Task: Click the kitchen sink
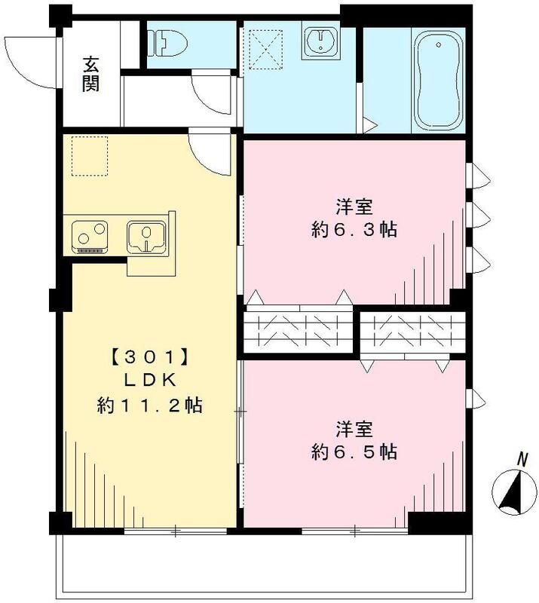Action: (x=145, y=235)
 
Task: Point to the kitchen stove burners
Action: (x=90, y=237)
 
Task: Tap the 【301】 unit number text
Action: (x=148, y=353)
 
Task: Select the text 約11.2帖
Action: (x=149, y=406)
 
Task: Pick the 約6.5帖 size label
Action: (x=354, y=451)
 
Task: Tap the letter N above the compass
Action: (x=522, y=458)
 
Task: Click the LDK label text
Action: (x=149, y=379)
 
